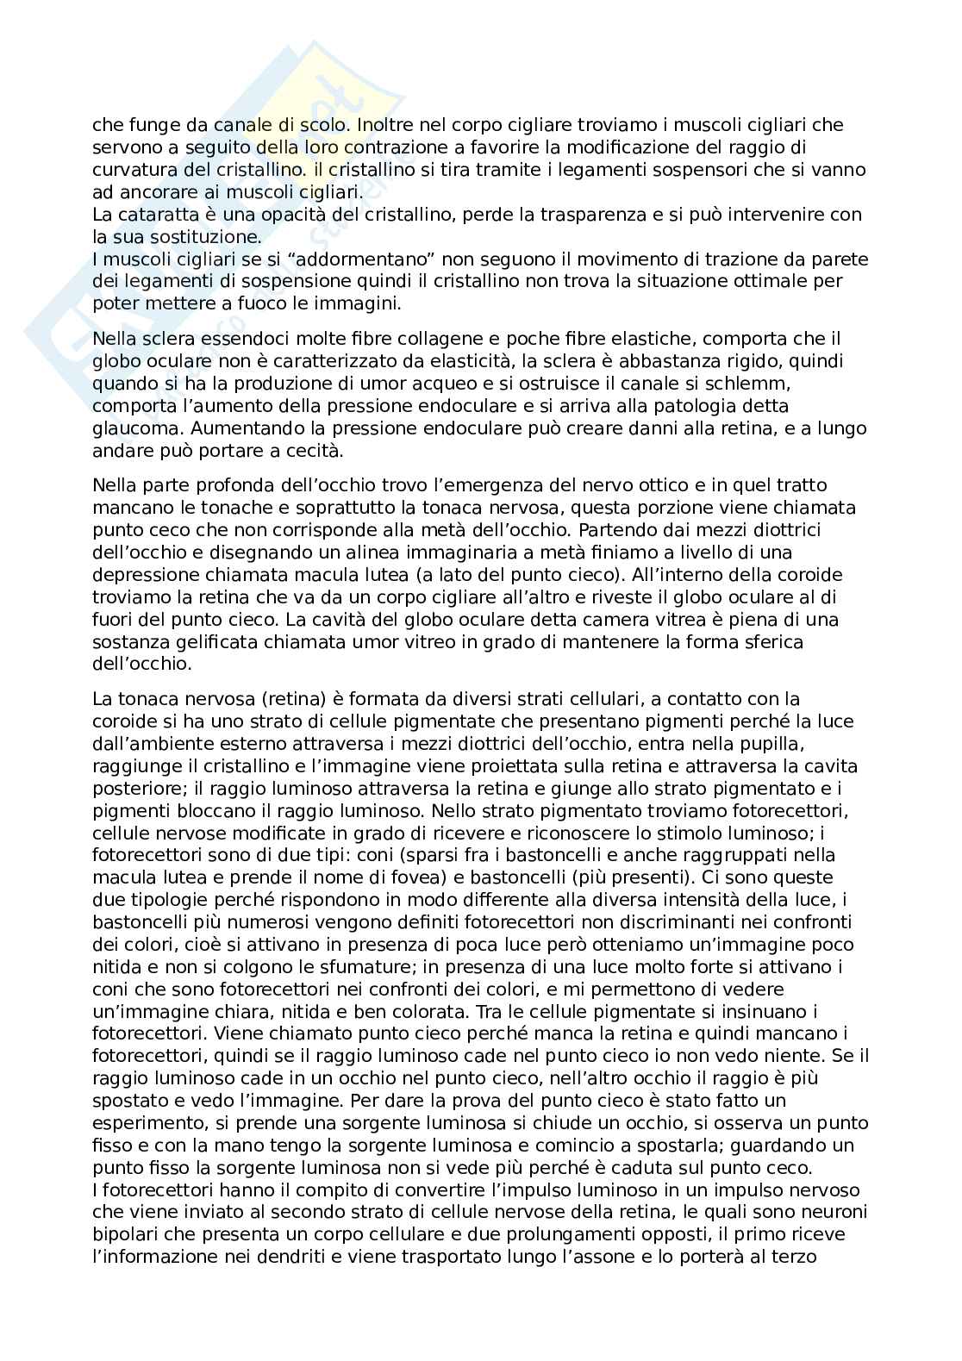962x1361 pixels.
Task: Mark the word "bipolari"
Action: pyautogui.click(x=122, y=1235)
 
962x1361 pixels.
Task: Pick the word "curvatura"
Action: pyautogui.click(x=130, y=170)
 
